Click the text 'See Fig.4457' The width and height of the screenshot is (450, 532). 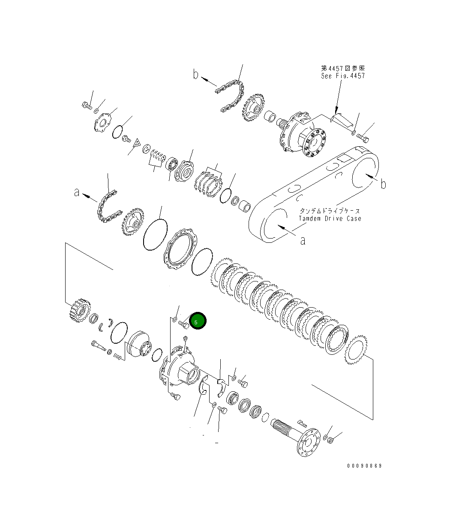coord(343,76)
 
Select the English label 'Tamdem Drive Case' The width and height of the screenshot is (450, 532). coord(330,218)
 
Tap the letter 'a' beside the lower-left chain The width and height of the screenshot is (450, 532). coord(77,193)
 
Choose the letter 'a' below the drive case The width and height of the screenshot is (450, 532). coord(303,241)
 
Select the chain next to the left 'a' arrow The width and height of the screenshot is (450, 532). coord(107,208)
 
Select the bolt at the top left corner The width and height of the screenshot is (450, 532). coord(87,105)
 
